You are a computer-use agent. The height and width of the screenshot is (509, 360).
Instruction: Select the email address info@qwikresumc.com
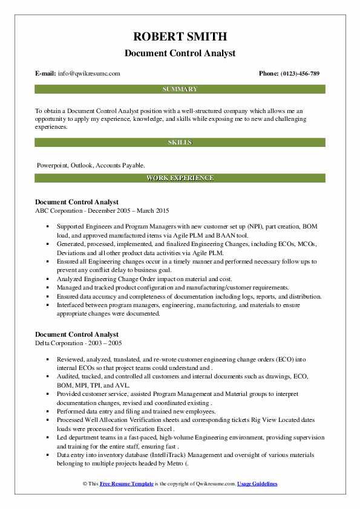[89, 74]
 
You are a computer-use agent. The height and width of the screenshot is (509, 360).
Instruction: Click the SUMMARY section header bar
[180, 89]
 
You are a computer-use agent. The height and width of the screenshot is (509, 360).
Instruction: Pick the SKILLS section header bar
[180, 142]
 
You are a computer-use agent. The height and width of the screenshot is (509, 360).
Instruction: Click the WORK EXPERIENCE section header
[180, 178]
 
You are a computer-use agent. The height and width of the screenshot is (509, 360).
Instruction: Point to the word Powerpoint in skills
[53, 164]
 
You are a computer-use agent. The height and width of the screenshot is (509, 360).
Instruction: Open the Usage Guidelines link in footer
[257, 484]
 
